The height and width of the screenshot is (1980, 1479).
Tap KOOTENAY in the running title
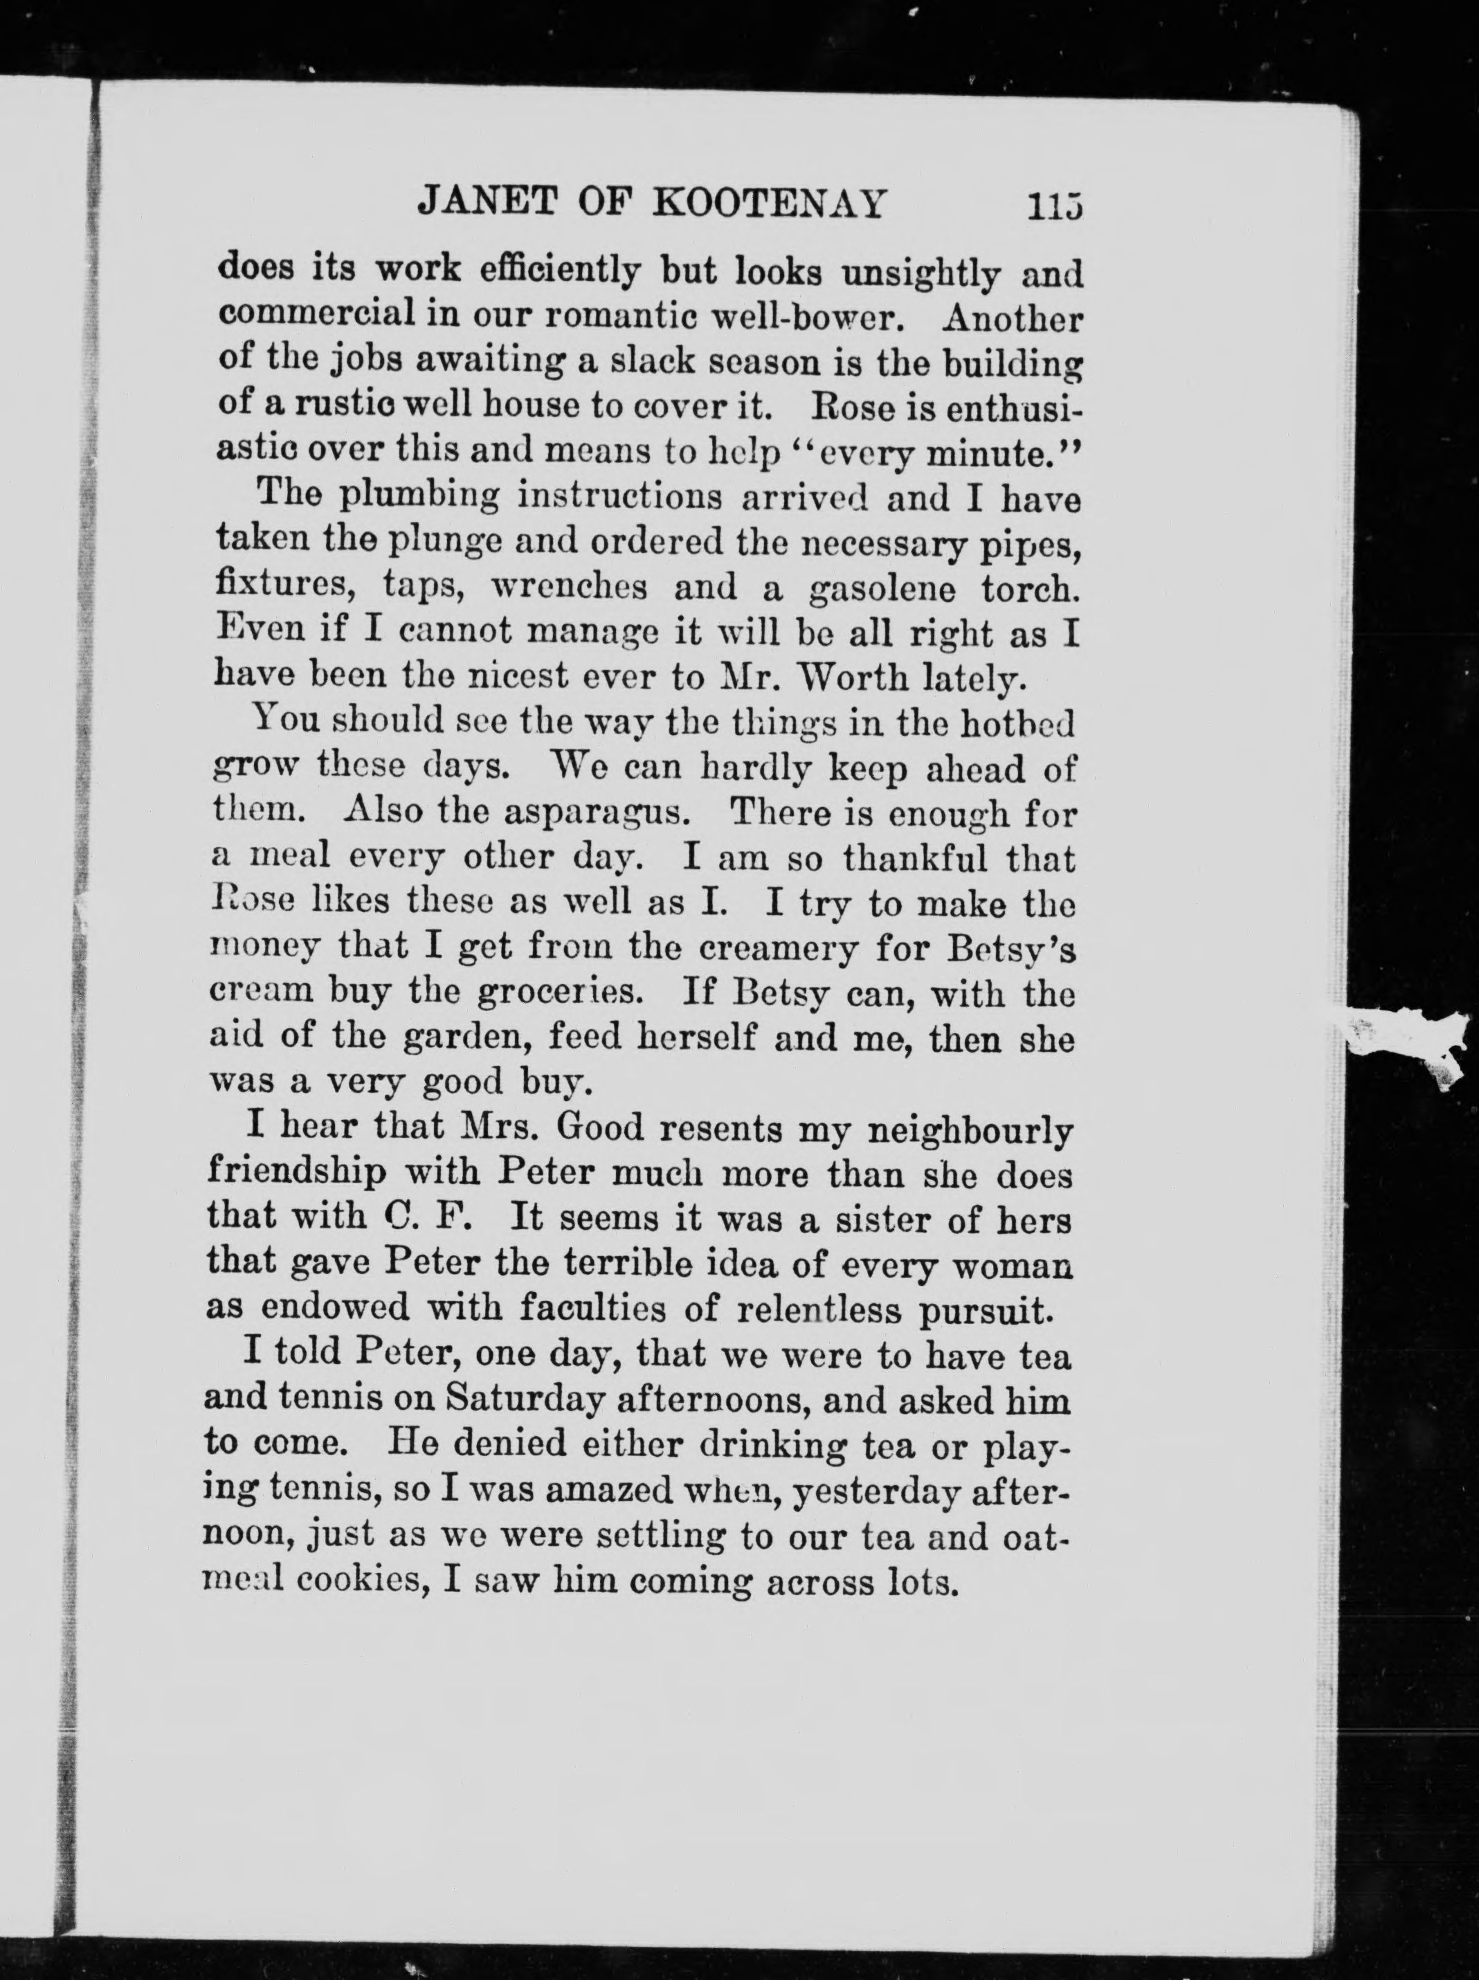click(769, 204)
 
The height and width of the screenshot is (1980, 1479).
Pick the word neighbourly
click(972, 1132)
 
